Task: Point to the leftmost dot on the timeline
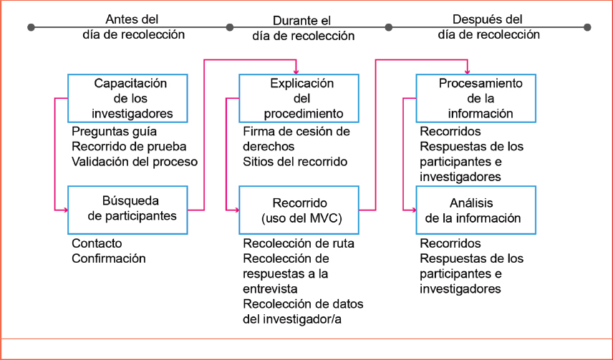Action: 31,27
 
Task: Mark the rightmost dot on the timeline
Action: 587,27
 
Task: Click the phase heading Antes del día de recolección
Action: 133,26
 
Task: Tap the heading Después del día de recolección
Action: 488,26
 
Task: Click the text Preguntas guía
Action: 114,132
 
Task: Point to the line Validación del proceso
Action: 135,162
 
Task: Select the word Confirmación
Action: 108,258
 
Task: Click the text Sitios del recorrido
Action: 295,162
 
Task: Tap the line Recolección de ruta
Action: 299,243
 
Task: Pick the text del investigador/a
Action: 292,318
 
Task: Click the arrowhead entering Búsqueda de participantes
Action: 64,210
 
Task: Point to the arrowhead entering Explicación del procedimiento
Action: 296,71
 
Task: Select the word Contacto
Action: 97,243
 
